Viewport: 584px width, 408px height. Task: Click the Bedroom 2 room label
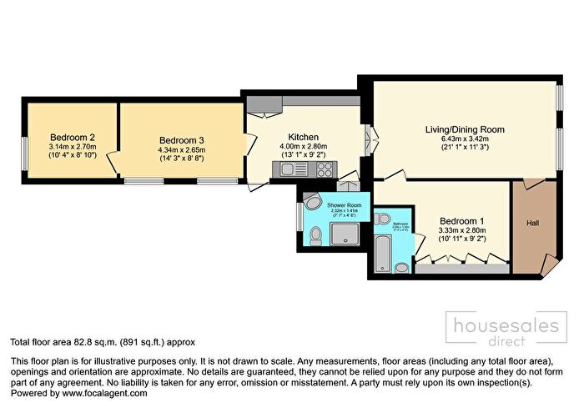pos(71,138)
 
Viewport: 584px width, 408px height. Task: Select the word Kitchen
pos(304,137)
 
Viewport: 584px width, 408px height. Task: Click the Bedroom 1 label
pos(462,220)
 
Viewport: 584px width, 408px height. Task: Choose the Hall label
pos(532,223)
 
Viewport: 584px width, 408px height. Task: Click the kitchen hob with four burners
pos(323,169)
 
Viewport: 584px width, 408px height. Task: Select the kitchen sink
pos(293,169)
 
